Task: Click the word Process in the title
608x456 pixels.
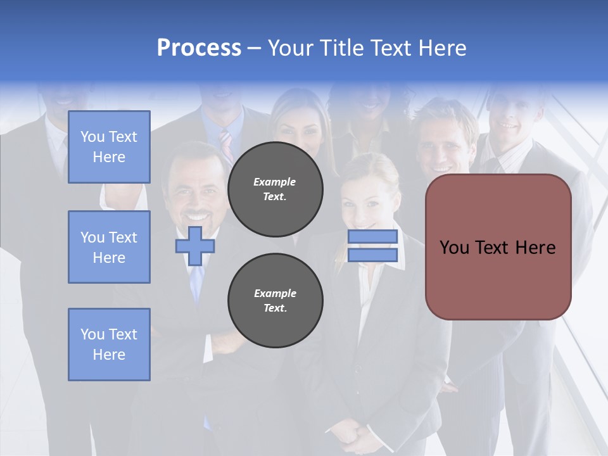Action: click(199, 48)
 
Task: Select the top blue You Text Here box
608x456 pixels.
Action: click(109, 147)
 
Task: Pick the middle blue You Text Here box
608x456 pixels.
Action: click(109, 247)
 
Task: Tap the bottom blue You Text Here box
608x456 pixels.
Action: click(109, 345)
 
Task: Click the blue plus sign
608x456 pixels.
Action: click(194, 246)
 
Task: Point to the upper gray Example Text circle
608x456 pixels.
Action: click(275, 189)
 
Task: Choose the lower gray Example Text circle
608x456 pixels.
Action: click(275, 300)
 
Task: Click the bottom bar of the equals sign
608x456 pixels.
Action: click(372, 255)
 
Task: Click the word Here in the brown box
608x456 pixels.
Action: click(535, 248)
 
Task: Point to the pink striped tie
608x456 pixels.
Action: click(226, 146)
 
